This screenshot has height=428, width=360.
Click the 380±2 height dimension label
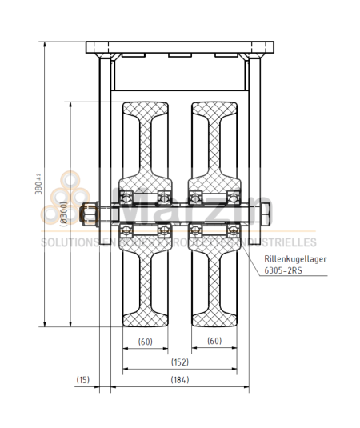tap(38, 185)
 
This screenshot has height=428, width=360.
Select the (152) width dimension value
tap(179, 361)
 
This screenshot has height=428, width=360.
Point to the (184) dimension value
tap(179, 379)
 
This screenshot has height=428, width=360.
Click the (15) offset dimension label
tap(83, 379)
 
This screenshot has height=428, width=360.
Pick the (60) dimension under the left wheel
tap(145, 341)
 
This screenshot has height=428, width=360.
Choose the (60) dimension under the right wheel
tap(214, 341)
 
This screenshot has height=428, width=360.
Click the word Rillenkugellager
tap(294, 258)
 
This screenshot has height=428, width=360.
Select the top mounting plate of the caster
tap(179, 46)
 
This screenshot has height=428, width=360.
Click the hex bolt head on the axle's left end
tap(89, 214)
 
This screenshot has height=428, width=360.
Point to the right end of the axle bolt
tap(266, 214)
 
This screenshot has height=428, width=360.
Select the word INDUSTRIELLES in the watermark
tap(284, 242)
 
